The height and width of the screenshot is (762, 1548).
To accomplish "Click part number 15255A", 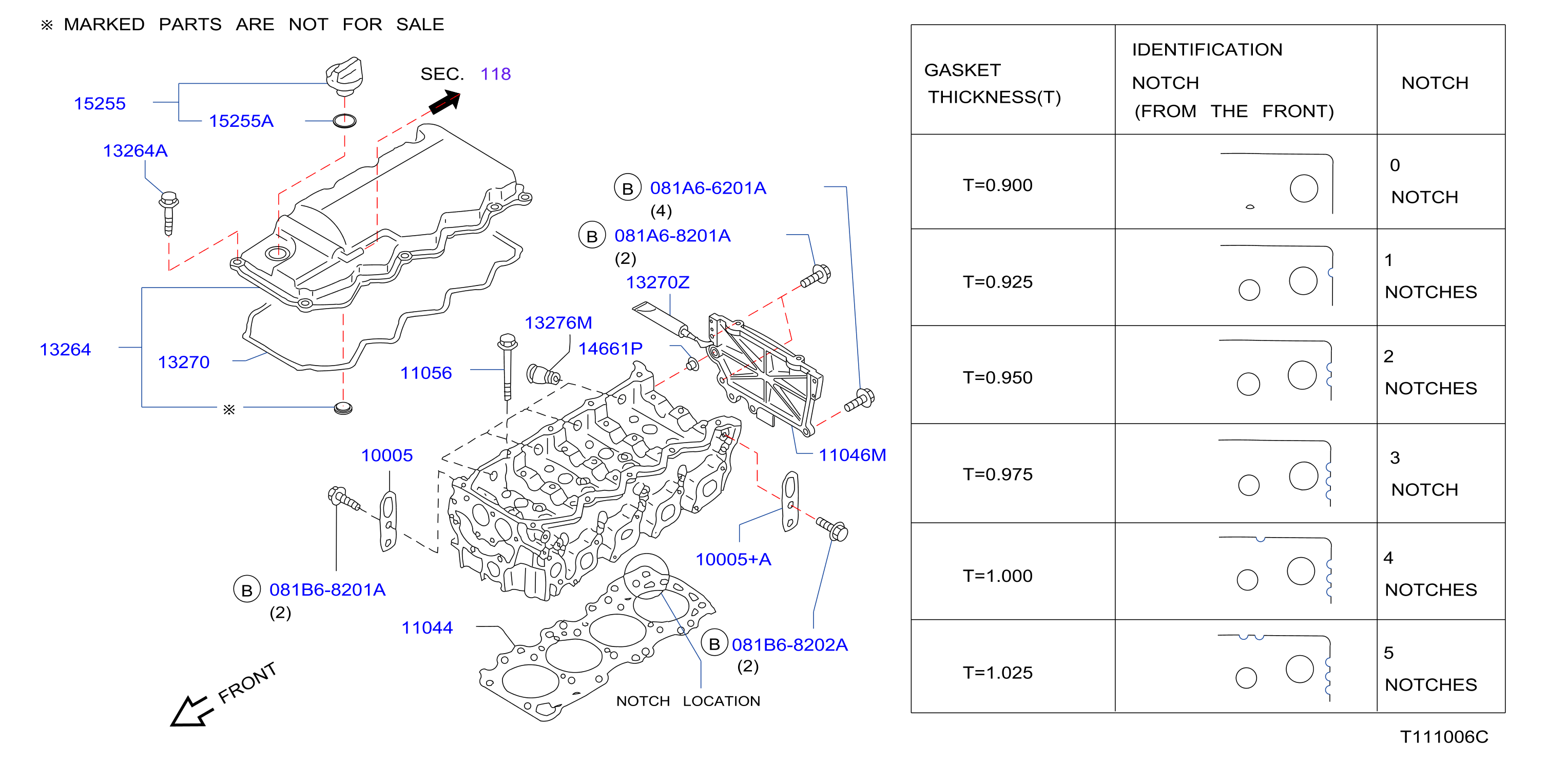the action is tap(241, 121).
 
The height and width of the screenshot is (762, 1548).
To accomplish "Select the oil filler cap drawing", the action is tap(344, 77).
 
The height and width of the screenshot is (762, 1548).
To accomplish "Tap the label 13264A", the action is tap(135, 150).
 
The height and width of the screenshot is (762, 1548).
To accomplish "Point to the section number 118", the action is tap(496, 74).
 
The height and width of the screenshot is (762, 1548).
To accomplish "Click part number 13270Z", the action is tap(658, 282).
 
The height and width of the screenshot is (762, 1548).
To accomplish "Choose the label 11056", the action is tap(426, 373).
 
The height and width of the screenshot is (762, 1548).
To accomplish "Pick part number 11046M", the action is tap(853, 455).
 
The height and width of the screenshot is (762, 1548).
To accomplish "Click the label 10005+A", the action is tap(733, 560).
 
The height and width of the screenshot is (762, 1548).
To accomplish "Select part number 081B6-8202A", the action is tap(789, 645).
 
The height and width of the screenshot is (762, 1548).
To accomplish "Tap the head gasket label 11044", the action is tap(427, 627).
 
